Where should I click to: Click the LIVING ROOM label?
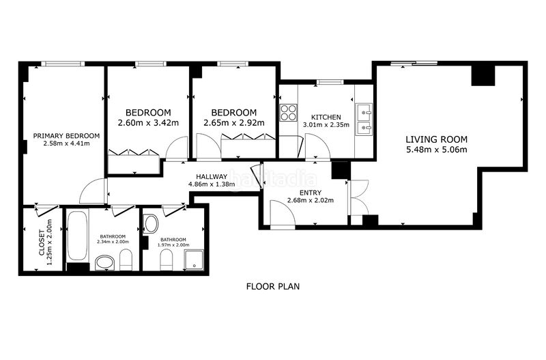tap(436, 139)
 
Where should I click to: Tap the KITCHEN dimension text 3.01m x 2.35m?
tap(326, 125)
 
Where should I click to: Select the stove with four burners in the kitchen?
tap(289, 113)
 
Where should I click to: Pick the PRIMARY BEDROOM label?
tap(66, 136)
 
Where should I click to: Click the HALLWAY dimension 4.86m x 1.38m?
tap(212, 184)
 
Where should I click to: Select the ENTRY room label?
tap(311, 193)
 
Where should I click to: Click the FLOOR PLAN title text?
tap(273, 286)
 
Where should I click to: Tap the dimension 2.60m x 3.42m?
tap(148, 123)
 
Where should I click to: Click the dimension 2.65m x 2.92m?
tap(234, 123)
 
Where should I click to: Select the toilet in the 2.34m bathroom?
tap(126, 260)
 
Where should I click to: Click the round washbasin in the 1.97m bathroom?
tap(151, 224)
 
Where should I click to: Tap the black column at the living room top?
tap(483, 75)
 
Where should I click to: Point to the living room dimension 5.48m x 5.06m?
tap(436, 150)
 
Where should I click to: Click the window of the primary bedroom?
tap(63, 64)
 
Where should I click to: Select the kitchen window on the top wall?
tap(330, 82)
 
